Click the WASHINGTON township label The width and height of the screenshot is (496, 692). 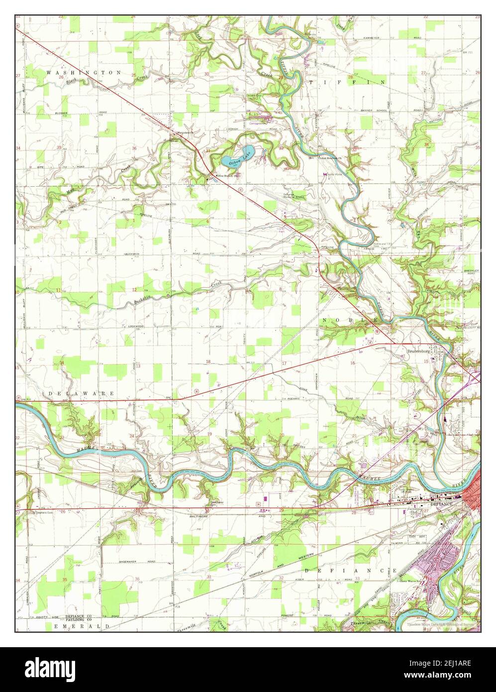pyautogui.click(x=84, y=73)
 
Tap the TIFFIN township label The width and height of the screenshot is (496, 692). pyautogui.click(x=347, y=82)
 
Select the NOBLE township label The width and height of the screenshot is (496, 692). pyautogui.click(x=346, y=320)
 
